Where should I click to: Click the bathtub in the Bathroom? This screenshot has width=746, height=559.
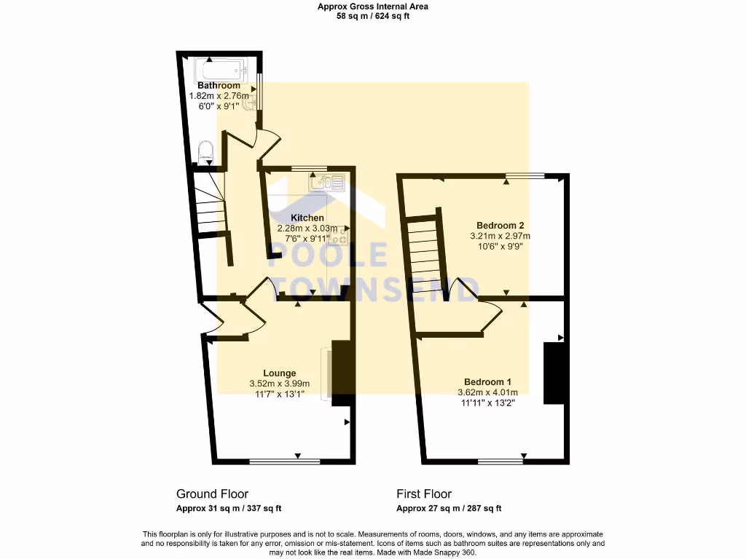pyautogui.click(x=221, y=71)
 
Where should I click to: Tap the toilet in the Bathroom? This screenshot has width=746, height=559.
pyautogui.click(x=206, y=151)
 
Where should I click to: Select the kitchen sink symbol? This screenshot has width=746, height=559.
pyautogui.click(x=327, y=182)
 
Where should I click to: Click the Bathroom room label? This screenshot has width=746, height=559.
pyautogui.click(x=219, y=86)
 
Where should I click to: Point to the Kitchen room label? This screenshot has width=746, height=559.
pyautogui.click(x=307, y=218)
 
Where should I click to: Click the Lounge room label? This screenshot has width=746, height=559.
pyautogui.click(x=280, y=373)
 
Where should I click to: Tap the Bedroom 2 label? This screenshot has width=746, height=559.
pyautogui.click(x=500, y=225)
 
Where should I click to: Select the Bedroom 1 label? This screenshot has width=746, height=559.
pyautogui.click(x=487, y=381)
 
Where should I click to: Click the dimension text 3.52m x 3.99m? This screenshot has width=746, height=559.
pyautogui.click(x=280, y=384)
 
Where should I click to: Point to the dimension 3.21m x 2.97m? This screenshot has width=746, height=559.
pyautogui.click(x=500, y=236)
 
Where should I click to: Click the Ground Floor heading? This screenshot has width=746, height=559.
pyautogui.click(x=212, y=493)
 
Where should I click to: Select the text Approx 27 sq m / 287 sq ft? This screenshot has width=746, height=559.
pyautogui.click(x=449, y=509)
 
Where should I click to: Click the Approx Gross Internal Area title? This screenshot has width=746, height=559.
pyautogui.click(x=373, y=7)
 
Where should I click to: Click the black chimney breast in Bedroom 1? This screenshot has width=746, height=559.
pyautogui.click(x=554, y=373)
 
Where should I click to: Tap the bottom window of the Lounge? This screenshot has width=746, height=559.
pyautogui.click(x=284, y=461)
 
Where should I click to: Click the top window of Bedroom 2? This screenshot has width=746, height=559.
pyautogui.click(x=525, y=175)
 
